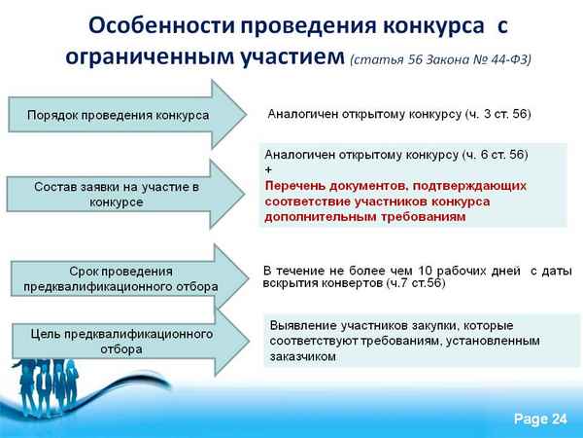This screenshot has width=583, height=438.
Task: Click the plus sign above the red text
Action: [x=269, y=169]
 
